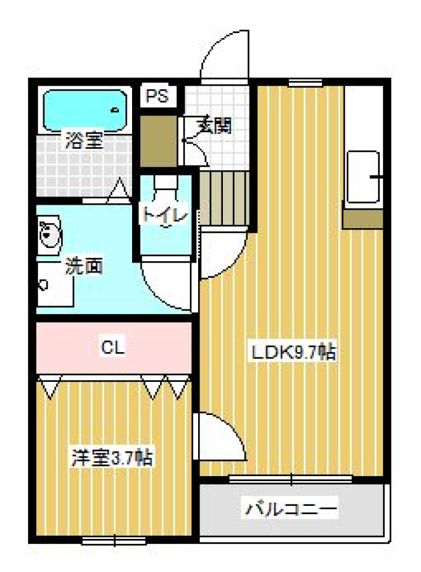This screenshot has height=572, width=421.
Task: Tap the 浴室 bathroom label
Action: tap(83, 141)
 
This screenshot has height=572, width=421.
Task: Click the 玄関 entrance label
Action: tap(213, 125)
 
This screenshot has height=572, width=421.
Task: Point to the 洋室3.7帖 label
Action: tap(112, 458)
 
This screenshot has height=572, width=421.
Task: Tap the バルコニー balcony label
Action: tap(291, 509)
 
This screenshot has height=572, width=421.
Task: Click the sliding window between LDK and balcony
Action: tap(291, 478)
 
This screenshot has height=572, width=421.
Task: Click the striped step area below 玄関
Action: tap(223, 197)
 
